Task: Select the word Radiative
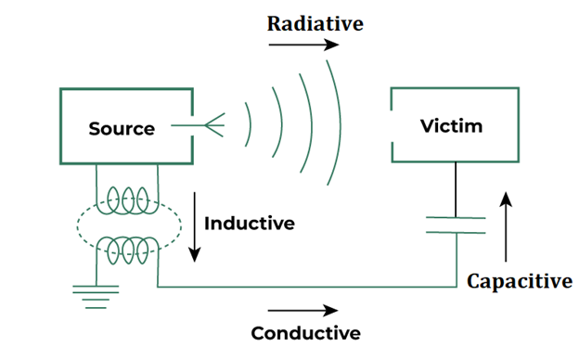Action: (x=315, y=24)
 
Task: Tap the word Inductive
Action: (x=249, y=224)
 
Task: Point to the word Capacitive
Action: (x=519, y=280)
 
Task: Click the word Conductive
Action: (x=305, y=332)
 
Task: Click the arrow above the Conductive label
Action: (x=301, y=311)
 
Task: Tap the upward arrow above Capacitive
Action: (x=505, y=226)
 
